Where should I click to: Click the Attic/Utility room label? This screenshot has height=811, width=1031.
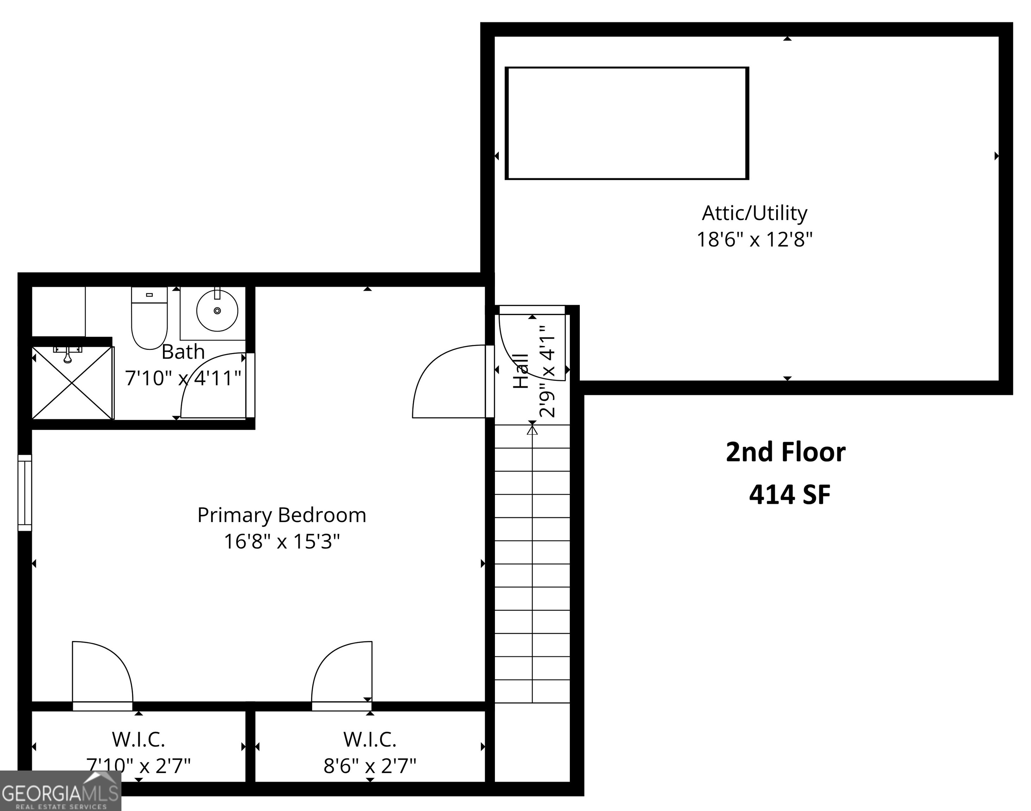(x=754, y=213)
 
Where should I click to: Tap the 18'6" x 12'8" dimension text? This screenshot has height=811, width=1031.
(x=754, y=239)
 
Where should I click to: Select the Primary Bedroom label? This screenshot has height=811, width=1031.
(x=282, y=515)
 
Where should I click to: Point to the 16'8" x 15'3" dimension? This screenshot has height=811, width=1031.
(x=282, y=541)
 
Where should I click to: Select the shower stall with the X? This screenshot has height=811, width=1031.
(x=72, y=383)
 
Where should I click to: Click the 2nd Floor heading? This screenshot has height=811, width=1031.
(x=785, y=452)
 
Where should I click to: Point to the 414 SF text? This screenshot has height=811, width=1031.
(x=789, y=495)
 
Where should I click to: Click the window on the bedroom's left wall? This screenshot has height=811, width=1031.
(x=25, y=492)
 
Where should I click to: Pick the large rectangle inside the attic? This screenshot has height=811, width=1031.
(x=627, y=124)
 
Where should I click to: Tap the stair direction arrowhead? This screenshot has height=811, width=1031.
(x=532, y=430)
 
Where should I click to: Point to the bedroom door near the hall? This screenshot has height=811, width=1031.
(x=449, y=382)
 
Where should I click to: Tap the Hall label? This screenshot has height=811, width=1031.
(x=521, y=371)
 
